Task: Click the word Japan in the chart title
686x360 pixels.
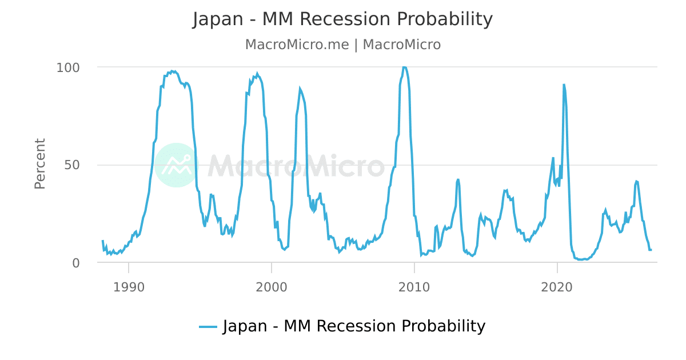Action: pyautogui.click(x=218, y=19)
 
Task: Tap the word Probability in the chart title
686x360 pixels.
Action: pyautogui.click(x=445, y=19)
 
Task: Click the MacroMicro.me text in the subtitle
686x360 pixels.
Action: pyautogui.click(x=297, y=45)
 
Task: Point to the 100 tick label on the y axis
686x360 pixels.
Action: pyautogui.click(x=68, y=67)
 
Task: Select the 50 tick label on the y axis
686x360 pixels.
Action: pyautogui.click(x=72, y=165)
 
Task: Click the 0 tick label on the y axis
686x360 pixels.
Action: pyautogui.click(x=76, y=263)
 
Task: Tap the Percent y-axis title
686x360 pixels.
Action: pyautogui.click(x=40, y=164)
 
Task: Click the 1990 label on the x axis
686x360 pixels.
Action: pyautogui.click(x=129, y=287)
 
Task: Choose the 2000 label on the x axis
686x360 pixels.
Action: pyautogui.click(x=272, y=287)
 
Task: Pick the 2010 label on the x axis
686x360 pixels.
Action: pyautogui.click(x=414, y=287)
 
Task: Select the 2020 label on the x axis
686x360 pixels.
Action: pyautogui.click(x=557, y=287)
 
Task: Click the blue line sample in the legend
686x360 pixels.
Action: pyautogui.click(x=208, y=327)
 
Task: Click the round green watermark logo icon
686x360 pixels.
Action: pyautogui.click(x=177, y=165)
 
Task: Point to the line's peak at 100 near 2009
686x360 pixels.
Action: pyautogui.click(x=404, y=67)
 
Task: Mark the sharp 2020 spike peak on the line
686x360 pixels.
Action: pyautogui.click(x=564, y=85)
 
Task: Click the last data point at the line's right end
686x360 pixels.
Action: pyautogui.click(x=651, y=250)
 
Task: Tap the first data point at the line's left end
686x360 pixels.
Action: pyautogui.click(x=102, y=241)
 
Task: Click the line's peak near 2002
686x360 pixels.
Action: pyautogui.click(x=300, y=89)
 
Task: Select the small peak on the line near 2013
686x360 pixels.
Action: pyautogui.click(x=458, y=179)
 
